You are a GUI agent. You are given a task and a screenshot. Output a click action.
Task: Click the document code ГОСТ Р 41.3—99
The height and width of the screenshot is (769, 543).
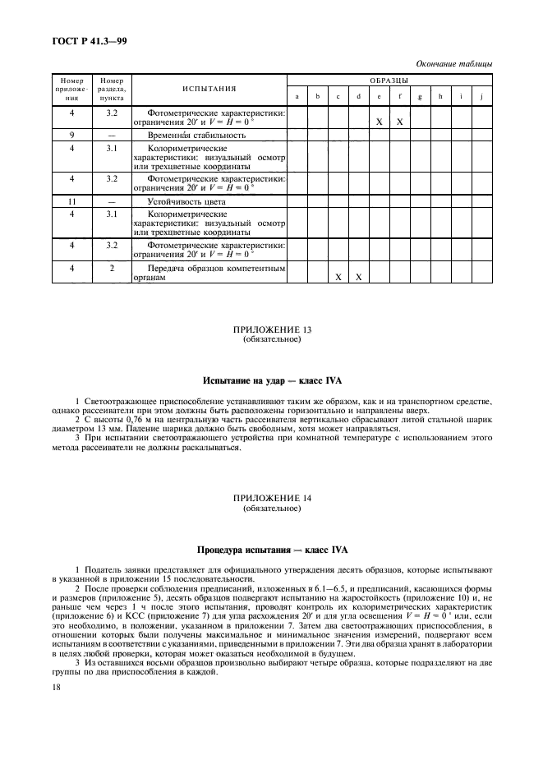coord(84,39)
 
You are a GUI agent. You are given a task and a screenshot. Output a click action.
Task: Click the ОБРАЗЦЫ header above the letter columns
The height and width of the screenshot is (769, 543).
coord(389,80)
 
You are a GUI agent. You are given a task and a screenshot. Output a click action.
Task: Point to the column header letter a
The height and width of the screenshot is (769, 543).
coord(297,96)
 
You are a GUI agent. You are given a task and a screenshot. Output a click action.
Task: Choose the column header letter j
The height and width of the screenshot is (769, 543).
coord(481,96)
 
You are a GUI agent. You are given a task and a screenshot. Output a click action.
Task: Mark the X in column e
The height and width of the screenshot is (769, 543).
coord(379,122)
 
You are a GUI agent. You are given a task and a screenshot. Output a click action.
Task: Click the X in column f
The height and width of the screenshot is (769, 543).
coord(399,122)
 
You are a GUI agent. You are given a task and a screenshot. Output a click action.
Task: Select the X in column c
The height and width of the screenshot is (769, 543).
coord(338,277)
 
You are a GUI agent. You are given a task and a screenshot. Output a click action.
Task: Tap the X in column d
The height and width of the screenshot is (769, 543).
coord(358,277)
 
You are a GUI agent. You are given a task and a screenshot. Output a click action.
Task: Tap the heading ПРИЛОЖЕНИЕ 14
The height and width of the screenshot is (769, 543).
coord(272,500)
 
